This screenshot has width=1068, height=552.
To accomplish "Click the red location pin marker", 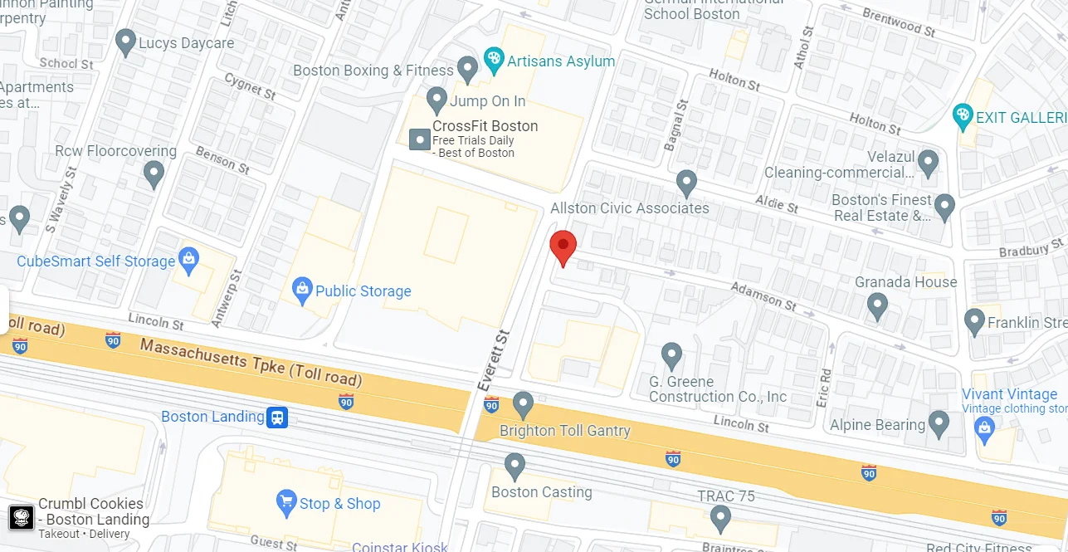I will [563, 246].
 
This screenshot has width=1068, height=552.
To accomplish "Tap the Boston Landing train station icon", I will [277, 417].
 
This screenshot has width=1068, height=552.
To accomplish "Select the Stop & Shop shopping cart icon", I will [286, 501].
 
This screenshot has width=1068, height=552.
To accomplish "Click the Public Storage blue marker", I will [302, 289].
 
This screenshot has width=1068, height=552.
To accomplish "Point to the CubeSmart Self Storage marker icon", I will [188, 260].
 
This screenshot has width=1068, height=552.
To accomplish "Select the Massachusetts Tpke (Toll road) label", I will [251, 362].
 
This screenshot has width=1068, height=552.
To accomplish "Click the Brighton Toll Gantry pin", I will [523, 404].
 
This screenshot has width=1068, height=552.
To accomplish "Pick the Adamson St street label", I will [763, 296].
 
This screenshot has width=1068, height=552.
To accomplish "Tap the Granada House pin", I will [877, 306].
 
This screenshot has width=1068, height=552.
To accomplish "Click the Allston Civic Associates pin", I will [686, 182].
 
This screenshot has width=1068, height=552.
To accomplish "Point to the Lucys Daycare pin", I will [126, 42].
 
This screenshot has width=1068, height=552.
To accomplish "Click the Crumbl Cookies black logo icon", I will [22, 517].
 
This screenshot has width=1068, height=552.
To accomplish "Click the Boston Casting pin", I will [515, 465].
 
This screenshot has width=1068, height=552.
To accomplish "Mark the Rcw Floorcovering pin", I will [154, 173].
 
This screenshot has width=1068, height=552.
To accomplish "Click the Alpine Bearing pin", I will [939, 423].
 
